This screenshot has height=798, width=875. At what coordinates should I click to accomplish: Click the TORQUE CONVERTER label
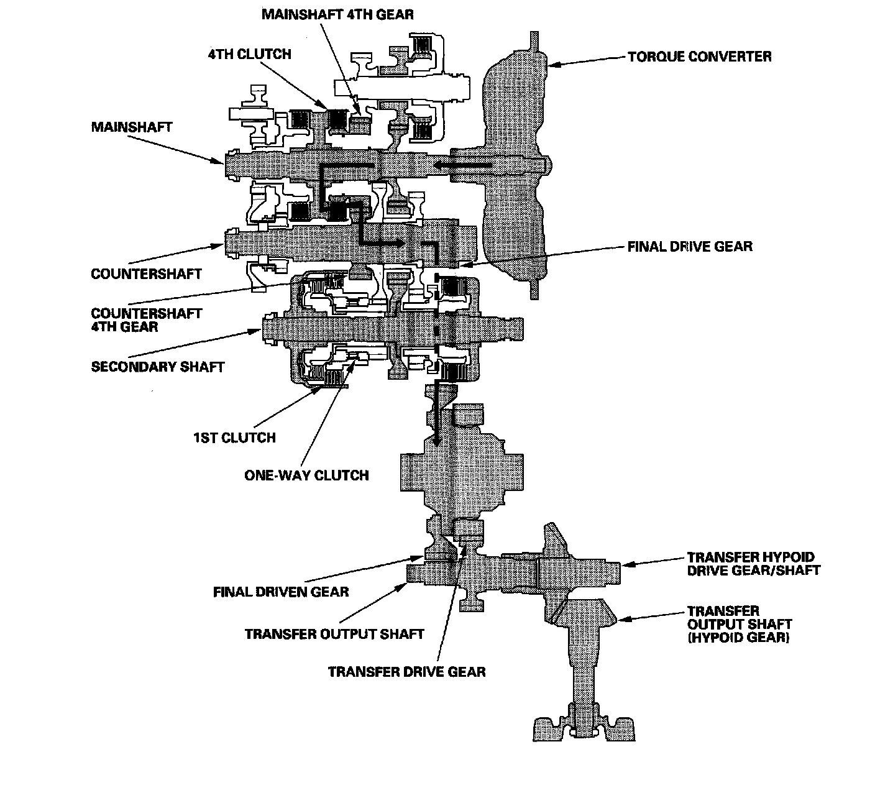pos(700,57)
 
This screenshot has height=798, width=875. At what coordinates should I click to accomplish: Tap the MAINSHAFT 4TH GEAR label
pos(337,14)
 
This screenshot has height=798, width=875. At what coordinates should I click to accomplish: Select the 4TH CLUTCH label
pos(249,54)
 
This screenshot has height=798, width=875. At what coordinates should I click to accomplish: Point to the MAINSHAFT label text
pos(132,127)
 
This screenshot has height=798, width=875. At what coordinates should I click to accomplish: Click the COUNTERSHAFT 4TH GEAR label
pos(146,320)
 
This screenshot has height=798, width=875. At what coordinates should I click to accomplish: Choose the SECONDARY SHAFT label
pos(157,367)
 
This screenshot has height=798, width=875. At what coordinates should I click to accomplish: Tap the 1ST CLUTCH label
pos(234,438)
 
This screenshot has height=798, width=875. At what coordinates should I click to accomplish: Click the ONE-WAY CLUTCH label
pos(306,475)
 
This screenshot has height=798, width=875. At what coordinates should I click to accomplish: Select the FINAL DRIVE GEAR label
pos(690,247)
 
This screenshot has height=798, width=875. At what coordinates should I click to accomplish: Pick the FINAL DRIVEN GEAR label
pos(281,592)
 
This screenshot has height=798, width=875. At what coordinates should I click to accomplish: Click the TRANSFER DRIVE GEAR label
pos(406,671)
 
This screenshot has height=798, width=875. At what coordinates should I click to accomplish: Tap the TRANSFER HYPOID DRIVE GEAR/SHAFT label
pos(754,564)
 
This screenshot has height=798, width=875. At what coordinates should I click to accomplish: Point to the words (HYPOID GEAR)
pos(738,638)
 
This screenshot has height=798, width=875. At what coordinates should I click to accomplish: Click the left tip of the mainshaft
pos(226,165)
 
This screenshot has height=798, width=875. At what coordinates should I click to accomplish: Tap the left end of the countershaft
pos(226,242)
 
